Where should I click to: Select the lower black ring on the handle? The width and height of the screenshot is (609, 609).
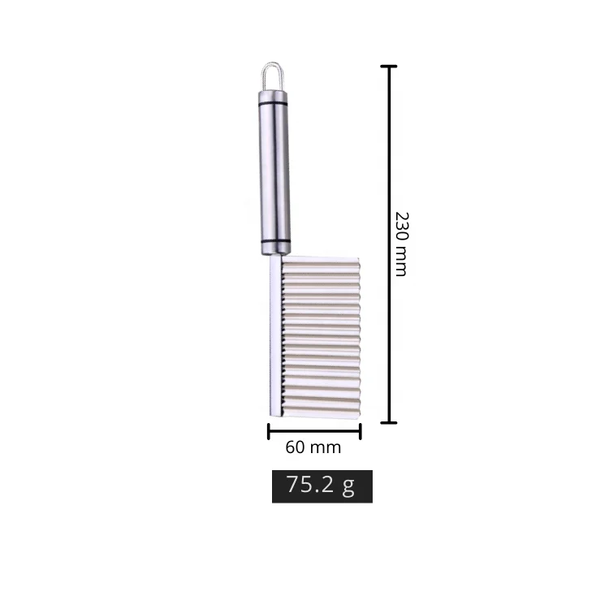click(274, 242)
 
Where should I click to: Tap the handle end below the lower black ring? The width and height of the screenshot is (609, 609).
click(274, 250)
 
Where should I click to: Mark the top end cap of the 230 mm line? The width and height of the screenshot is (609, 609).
click(390, 67)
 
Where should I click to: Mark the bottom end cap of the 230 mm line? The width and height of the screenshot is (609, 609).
click(390, 422)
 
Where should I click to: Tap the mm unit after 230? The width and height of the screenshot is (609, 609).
click(400, 263)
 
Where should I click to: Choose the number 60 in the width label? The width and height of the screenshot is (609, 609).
click(296, 447)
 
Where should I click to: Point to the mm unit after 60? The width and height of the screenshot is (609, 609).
click(325, 447)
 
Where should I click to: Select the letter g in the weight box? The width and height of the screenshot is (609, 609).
click(348, 486)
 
